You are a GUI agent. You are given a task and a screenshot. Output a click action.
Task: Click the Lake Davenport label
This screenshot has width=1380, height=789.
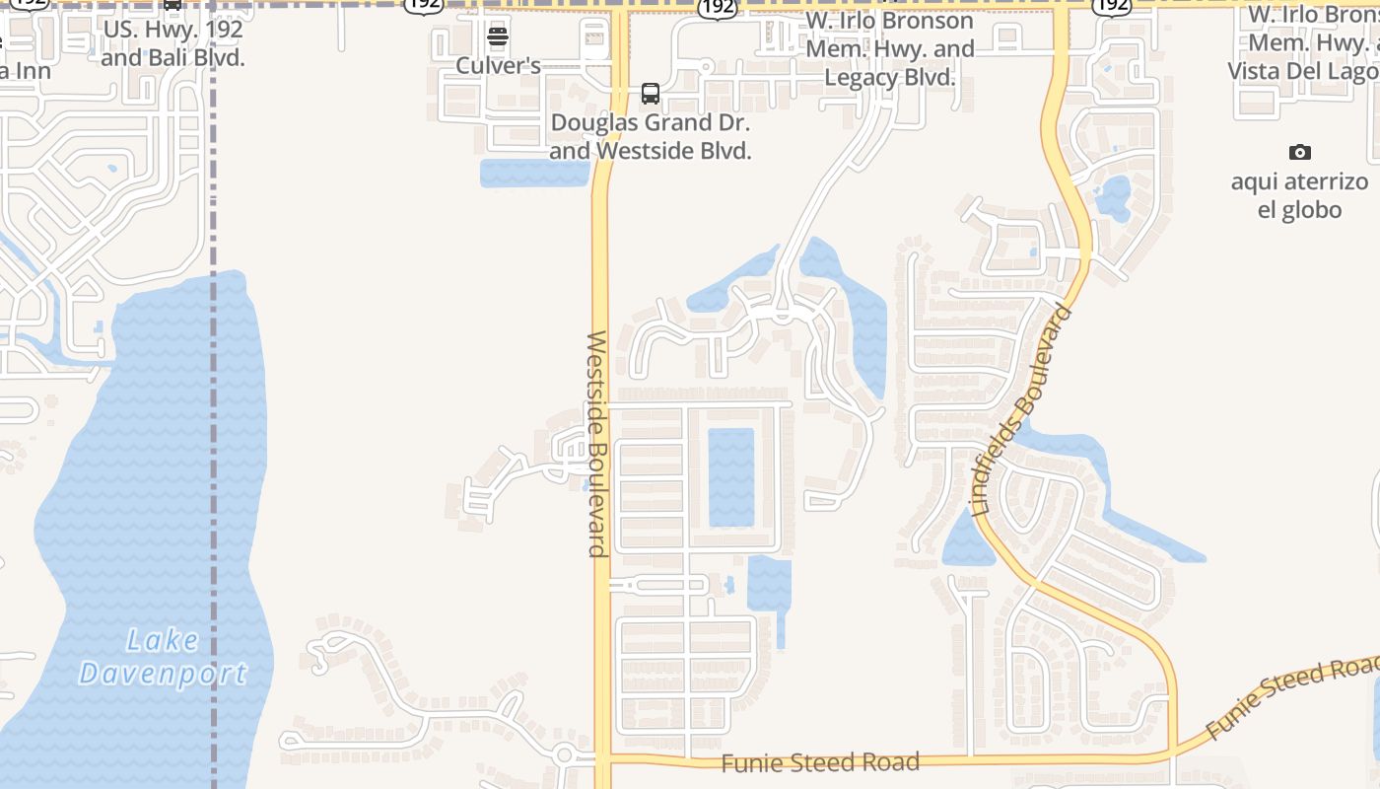pyautogui.click(x=164, y=657)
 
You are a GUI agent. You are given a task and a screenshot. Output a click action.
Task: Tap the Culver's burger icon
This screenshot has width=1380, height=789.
pyautogui.click(x=498, y=37)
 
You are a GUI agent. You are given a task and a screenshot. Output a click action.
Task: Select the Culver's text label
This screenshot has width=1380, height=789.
pyautogui.click(x=498, y=66)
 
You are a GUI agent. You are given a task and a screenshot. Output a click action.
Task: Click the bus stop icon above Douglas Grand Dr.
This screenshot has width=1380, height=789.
pyautogui.click(x=651, y=94)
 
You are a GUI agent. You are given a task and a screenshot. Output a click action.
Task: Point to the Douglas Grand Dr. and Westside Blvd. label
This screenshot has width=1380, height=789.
pyautogui.click(x=651, y=137)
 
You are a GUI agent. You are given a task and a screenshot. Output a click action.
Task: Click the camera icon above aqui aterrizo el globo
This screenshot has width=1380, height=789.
pyautogui.click(x=1300, y=152)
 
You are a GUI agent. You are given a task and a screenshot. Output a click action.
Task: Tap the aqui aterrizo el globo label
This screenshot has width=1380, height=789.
pyautogui.click(x=1299, y=195)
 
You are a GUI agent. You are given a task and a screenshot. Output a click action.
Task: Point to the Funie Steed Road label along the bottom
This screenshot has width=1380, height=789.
pyautogui.click(x=820, y=762)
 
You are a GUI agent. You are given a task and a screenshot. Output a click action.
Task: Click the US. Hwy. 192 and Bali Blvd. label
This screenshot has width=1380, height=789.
pyautogui.click(x=172, y=43)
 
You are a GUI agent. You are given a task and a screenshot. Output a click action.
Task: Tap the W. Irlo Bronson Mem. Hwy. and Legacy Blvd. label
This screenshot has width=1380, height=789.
pyautogui.click(x=890, y=49)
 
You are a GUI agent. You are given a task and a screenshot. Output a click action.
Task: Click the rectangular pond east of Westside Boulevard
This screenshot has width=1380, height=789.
pyautogui.click(x=730, y=477)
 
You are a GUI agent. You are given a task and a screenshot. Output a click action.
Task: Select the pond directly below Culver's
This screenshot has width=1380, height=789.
pyautogui.click(x=533, y=174)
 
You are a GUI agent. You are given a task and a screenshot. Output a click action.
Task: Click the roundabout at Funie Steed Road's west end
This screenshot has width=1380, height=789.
pyautogui.click(x=564, y=756)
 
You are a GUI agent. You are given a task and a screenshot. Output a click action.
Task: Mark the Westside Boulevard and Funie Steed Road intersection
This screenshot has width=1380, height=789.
pyautogui.click(x=601, y=759)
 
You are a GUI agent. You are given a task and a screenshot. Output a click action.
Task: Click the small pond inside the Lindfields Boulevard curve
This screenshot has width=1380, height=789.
pyautogui.click(x=1113, y=197)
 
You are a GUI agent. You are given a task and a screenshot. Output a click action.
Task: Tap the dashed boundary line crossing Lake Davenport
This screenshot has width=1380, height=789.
pyautogui.click(x=214, y=493)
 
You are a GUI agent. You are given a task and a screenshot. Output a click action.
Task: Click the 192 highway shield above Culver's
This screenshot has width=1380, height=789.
pyautogui.click(x=424, y=5)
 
